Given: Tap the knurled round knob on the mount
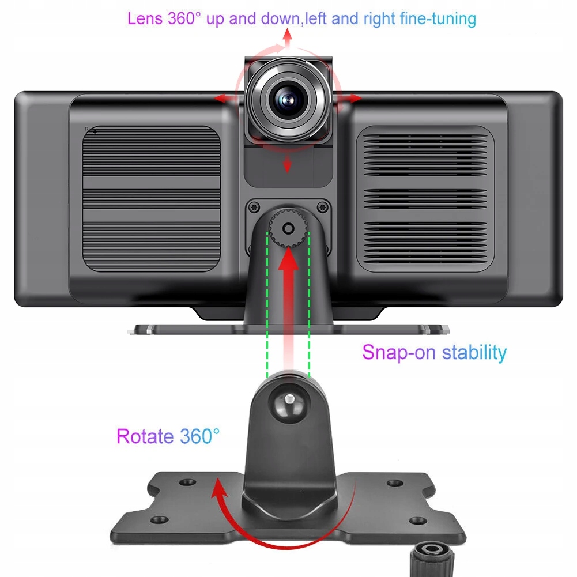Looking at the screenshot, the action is coord(287,228).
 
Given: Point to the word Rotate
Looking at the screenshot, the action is coord(145,436).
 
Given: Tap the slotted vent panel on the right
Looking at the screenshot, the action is coord(425,198).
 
